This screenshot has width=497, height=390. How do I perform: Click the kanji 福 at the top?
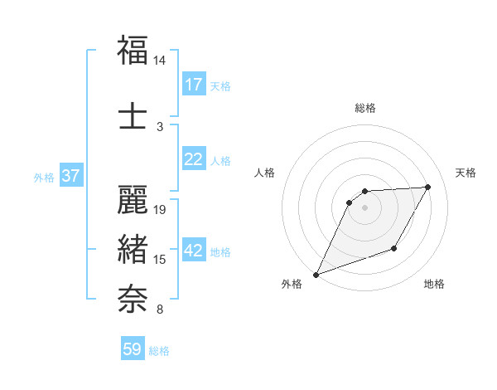coord(133,50)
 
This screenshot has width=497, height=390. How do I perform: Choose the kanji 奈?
coord(133,296)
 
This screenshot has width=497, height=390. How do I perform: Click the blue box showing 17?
coord(193,85)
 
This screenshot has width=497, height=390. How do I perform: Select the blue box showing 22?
coord(193,159)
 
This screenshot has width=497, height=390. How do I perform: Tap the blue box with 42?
coord(193,251)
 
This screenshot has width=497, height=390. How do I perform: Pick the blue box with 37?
coord(70,176)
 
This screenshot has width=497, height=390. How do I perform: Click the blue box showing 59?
coord(133,349)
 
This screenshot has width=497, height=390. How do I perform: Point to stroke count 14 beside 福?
coord(159,61)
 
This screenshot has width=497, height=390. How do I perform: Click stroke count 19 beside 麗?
coord(161,209)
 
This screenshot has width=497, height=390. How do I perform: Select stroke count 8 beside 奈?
coord(160,310)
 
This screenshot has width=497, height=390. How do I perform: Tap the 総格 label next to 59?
coord(159,351)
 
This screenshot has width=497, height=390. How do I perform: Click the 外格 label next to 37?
coord(44,178)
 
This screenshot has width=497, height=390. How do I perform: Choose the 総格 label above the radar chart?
coord(364,108)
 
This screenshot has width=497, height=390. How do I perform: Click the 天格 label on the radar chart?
coord(466,173)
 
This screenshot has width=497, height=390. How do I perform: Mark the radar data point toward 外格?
coord(316,274)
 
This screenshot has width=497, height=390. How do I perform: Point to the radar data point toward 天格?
coord(428,187)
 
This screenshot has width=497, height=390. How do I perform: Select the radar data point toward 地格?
coord(394,249)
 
